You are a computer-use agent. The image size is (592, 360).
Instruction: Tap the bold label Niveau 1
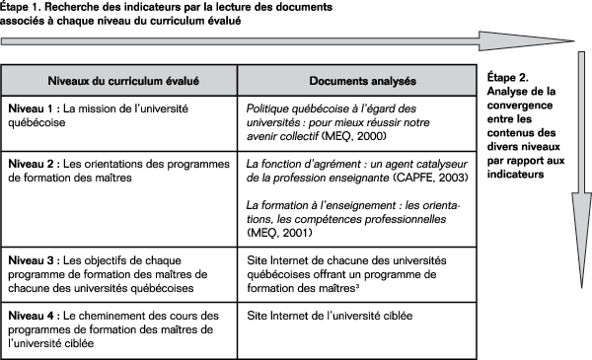(x=31, y=106)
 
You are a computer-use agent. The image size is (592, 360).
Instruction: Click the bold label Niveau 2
(x=31, y=161)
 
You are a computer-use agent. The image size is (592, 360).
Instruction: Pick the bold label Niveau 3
(x=31, y=259)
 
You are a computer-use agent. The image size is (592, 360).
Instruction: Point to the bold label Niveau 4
(x=31, y=315)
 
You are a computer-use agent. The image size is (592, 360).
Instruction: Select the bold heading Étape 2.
(x=510, y=76)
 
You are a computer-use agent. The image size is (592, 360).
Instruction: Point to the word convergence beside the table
(x=521, y=106)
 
